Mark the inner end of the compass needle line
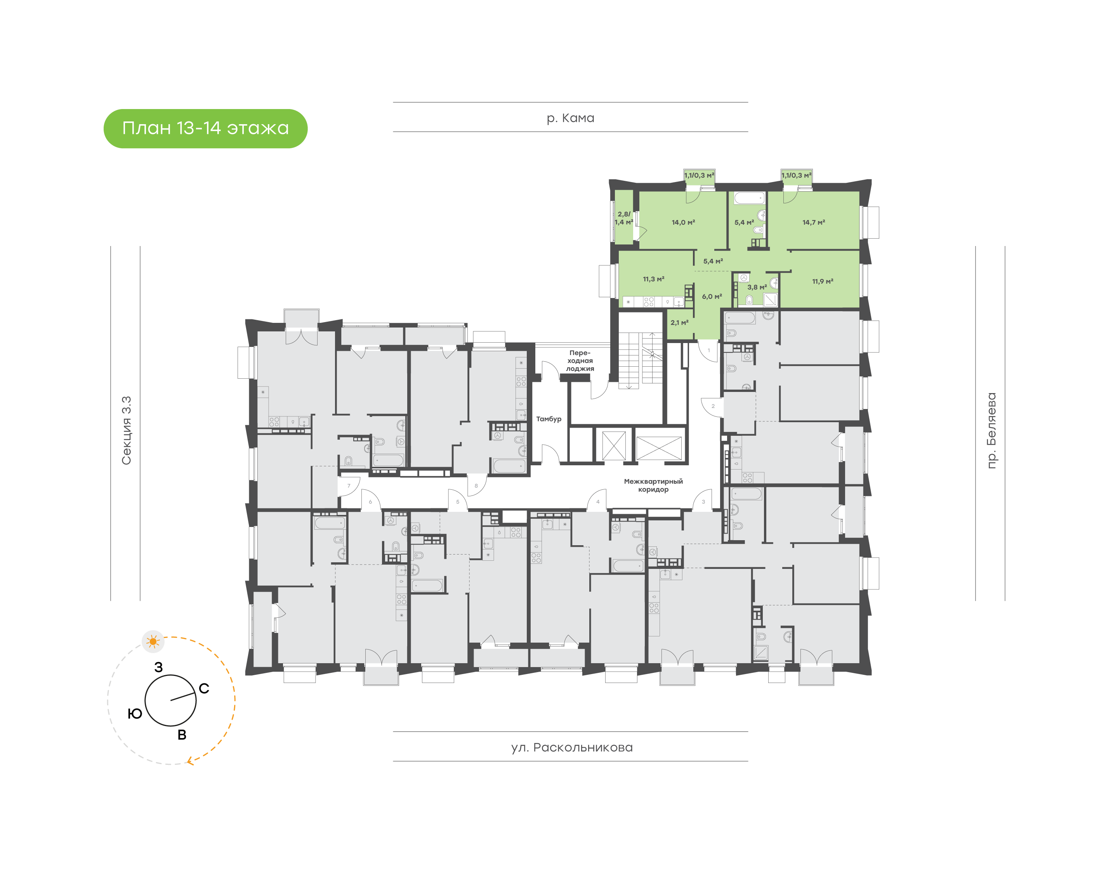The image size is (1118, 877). pyautogui.click(x=171, y=700)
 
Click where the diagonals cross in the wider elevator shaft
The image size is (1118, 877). pyautogui.click(x=659, y=448)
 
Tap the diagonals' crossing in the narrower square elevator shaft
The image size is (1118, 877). pyautogui.click(x=614, y=445)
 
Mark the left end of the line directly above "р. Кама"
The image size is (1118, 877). pyautogui.click(x=393, y=102)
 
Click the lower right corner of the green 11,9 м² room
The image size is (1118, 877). pyautogui.click(x=859, y=308)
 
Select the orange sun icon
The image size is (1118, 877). pyautogui.click(x=153, y=641)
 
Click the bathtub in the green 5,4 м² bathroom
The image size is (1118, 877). pyautogui.click(x=749, y=198)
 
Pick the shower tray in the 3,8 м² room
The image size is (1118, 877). pyautogui.click(x=770, y=299)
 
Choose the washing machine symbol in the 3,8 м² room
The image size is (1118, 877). pyautogui.click(x=743, y=278)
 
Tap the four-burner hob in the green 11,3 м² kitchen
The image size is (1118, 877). pyautogui.click(x=649, y=302)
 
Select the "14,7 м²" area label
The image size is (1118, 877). pyautogui.click(x=814, y=222)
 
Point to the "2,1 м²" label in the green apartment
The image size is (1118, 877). pyautogui.click(x=679, y=322)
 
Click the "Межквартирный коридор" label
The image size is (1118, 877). pyautogui.click(x=653, y=485)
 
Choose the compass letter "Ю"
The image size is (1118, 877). pyautogui.click(x=135, y=714)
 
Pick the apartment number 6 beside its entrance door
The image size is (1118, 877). pyautogui.click(x=370, y=502)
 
